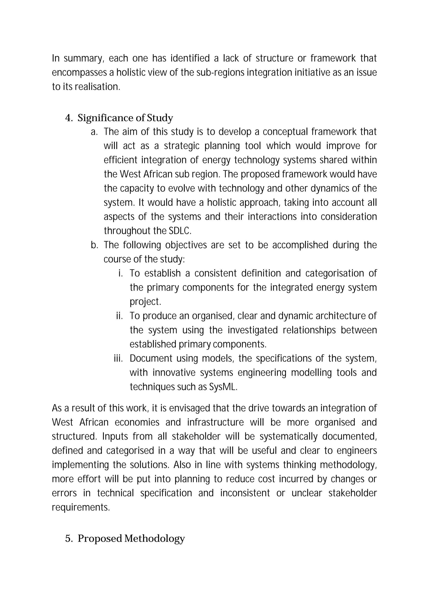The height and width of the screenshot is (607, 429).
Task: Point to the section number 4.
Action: click(69, 118)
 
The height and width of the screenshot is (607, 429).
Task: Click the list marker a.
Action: click(94, 132)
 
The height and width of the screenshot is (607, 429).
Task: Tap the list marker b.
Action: click(94, 245)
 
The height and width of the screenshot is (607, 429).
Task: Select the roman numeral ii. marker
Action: click(120, 316)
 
